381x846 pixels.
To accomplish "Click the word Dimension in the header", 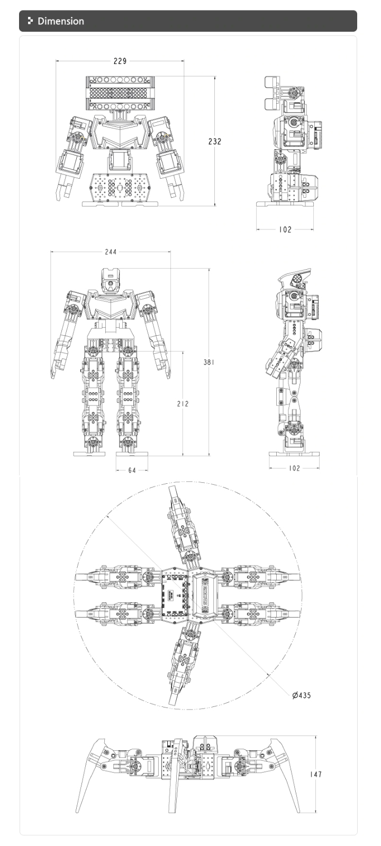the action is tap(61, 21).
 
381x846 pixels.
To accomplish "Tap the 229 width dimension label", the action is tap(120, 61).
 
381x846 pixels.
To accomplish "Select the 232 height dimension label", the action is tap(215, 141).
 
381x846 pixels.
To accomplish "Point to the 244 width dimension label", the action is tap(111, 252).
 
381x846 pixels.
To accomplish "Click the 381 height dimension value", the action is tap(209, 362).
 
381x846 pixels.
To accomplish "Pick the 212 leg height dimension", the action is tap(183, 404).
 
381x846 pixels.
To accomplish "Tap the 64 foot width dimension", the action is tap(132, 470).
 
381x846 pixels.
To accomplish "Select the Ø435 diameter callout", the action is tap(302, 695).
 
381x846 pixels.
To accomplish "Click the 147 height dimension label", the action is tap(316, 774).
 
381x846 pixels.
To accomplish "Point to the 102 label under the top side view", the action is tap(285, 229).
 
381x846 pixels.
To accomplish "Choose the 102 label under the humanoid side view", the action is tap(294, 468).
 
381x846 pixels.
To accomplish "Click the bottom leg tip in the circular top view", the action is tap(173, 700).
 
